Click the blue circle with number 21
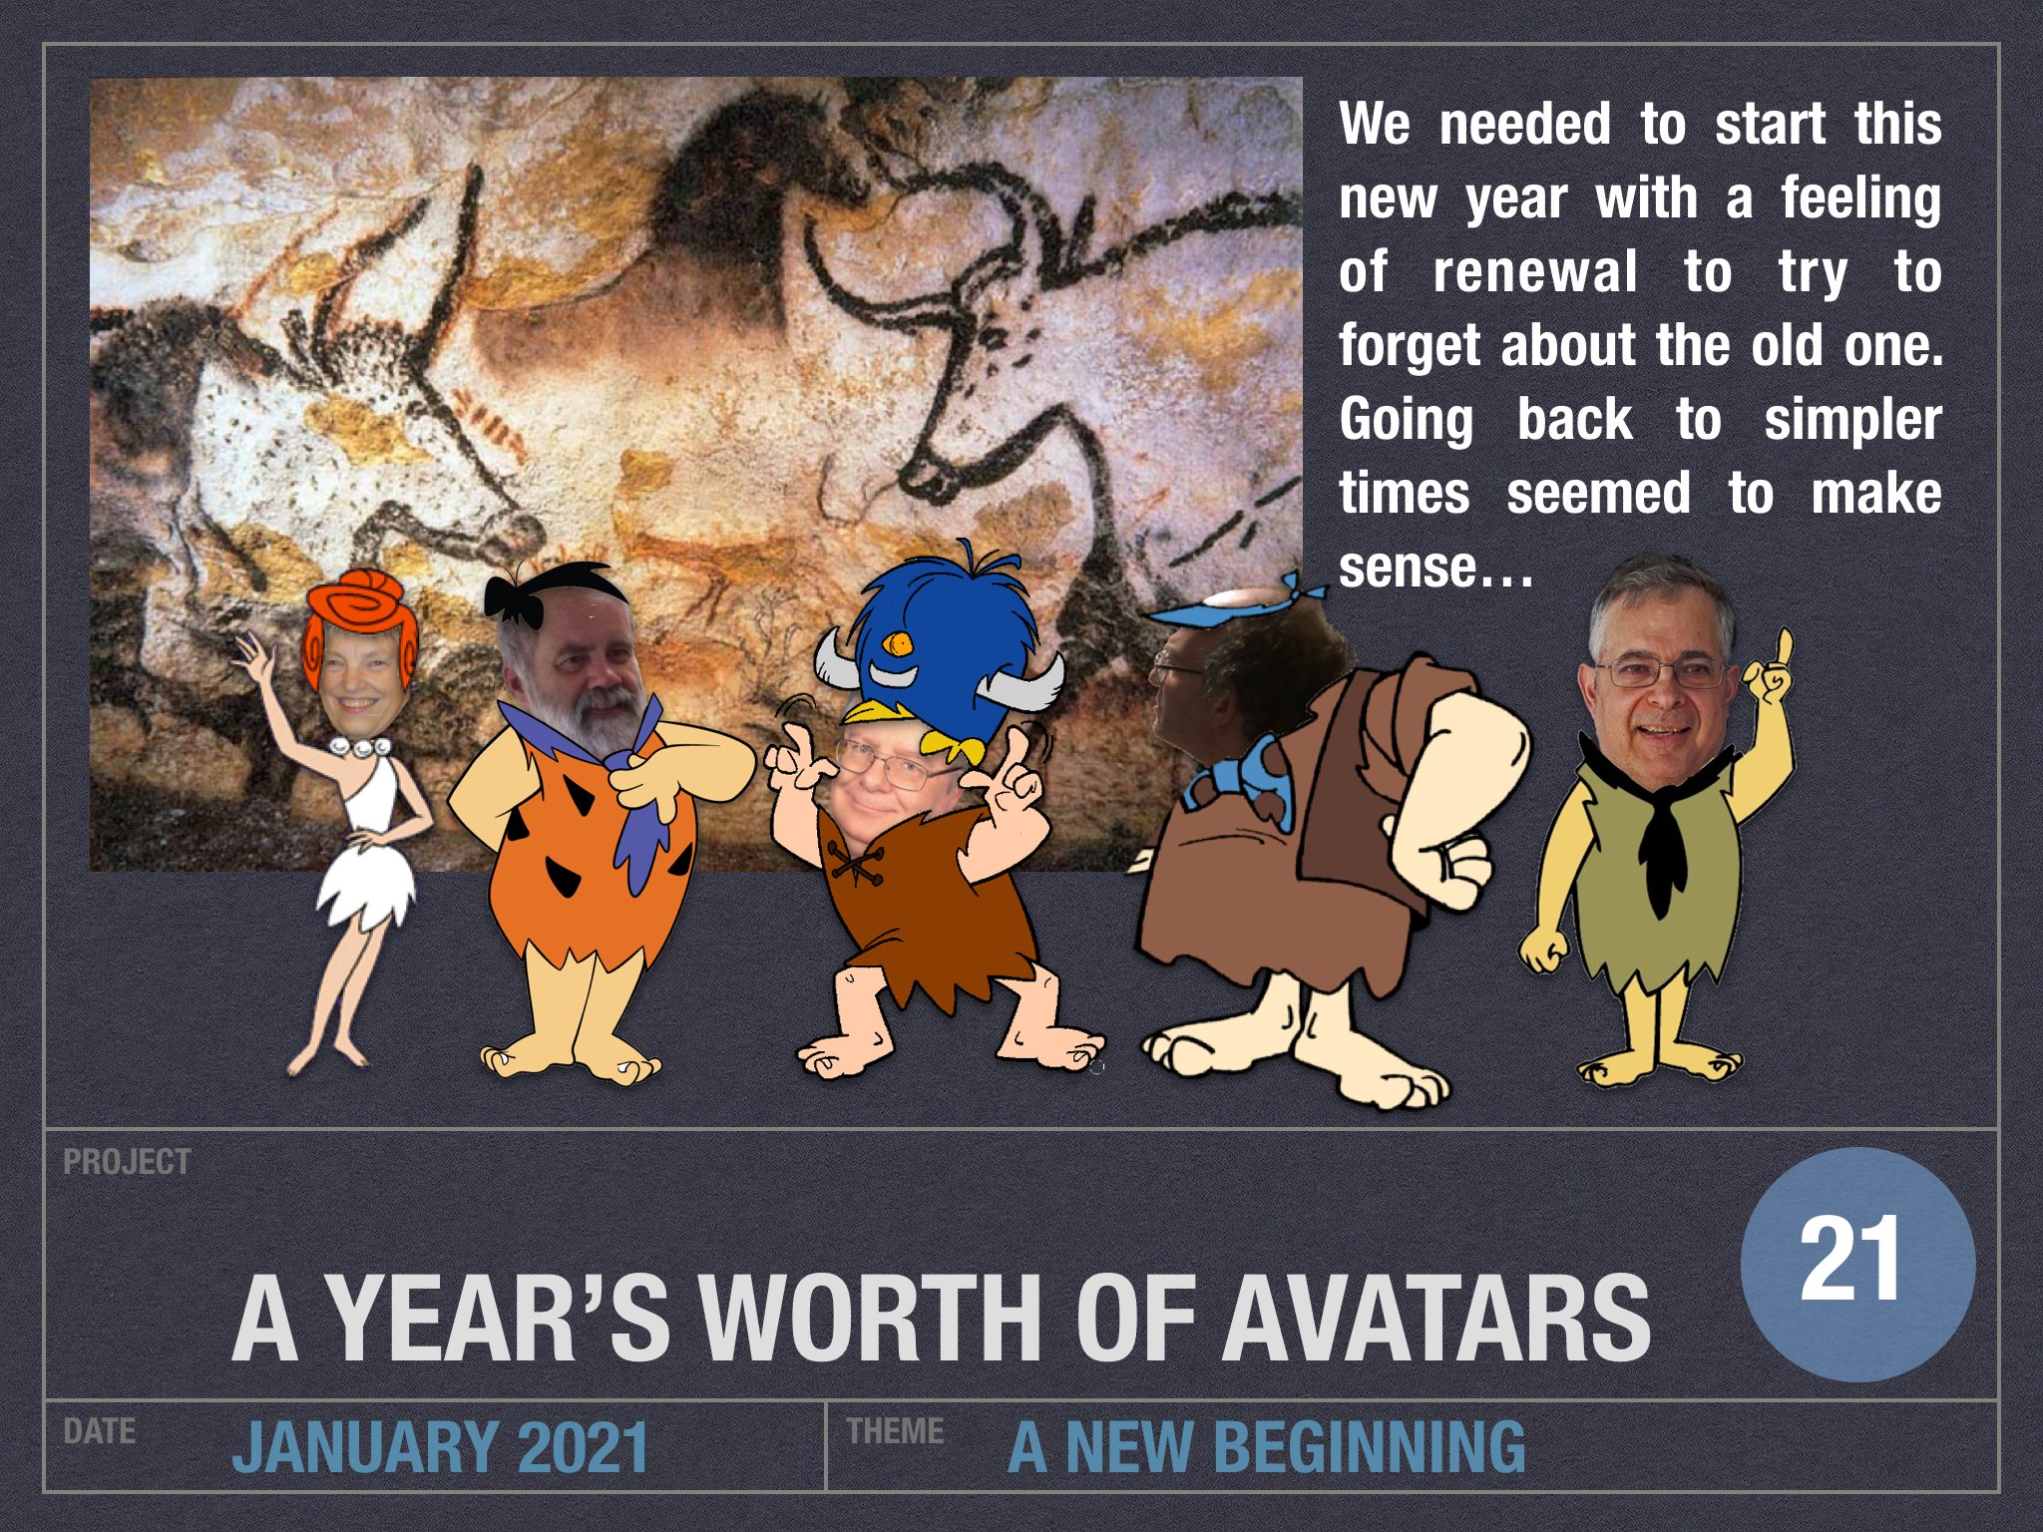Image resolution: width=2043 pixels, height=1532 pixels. point(1857,1263)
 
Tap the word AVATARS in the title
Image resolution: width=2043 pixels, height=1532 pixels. point(1438,1318)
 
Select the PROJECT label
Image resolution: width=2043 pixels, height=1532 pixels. point(127,1162)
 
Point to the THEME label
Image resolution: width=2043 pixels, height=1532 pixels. point(895,1431)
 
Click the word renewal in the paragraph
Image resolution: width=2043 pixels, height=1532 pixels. point(1535,272)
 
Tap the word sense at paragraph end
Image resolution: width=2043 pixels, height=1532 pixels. point(1406,568)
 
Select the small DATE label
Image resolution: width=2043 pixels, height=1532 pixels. point(99,1431)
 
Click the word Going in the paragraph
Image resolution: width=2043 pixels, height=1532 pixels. point(1406,422)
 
